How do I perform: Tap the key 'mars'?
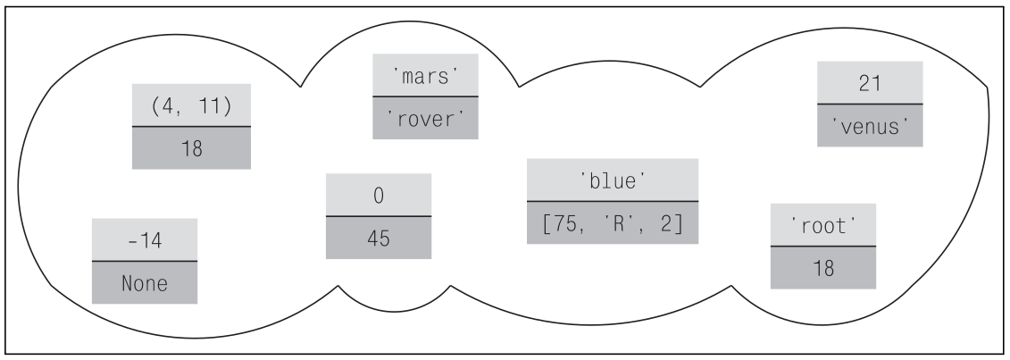(x=425, y=75)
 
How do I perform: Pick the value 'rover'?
(x=425, y=117)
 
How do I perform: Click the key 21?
(x=870, y=82)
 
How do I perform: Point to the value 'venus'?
(x=870, y=125)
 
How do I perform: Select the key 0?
(x=378, y=196)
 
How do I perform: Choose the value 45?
(x=378, y=238)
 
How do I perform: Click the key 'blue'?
(x=612, y=180)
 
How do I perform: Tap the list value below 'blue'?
(x=612, y=223)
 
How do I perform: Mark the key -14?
(x=145, y=240)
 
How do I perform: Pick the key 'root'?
(x=823, y=225)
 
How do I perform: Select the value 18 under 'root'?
(x=823, y=267)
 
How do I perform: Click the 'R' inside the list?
(x=615, y=223)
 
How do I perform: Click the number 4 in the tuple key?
(x=167, y=105)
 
